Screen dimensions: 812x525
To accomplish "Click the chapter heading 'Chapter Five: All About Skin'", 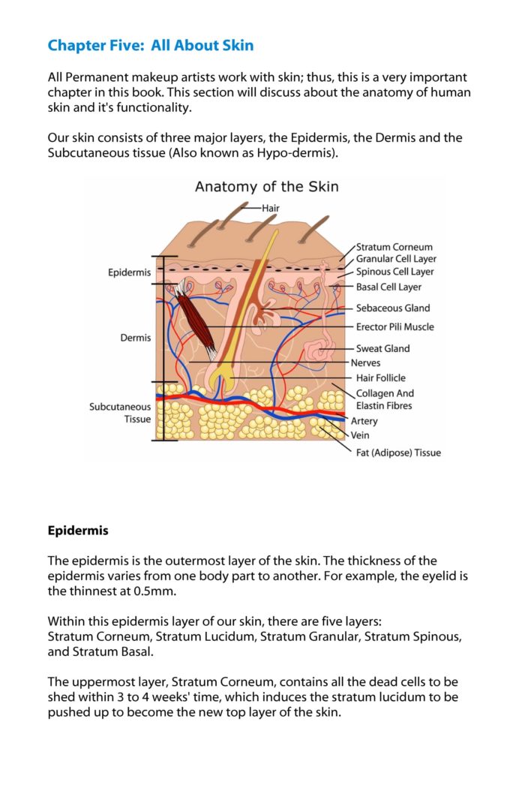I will [150, 46].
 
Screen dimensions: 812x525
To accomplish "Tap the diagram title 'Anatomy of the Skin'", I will [266, 186].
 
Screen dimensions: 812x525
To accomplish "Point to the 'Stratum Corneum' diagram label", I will [394, 247].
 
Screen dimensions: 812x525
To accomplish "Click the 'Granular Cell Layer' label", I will [396, 259].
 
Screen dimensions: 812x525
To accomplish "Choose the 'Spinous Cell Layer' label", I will [394, 272].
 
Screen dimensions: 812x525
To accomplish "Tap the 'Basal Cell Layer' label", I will [388, 287].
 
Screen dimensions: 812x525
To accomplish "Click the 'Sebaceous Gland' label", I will [393, 308].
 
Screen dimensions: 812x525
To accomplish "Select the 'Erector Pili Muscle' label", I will [394, 326].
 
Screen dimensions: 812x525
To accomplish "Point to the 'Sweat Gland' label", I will [382, 348].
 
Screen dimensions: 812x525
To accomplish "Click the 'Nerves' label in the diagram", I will [366, 362].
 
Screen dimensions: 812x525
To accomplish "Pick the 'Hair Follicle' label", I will [380, 378].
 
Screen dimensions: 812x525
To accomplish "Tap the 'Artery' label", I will [364, 421].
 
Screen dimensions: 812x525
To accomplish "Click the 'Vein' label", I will [360, 435].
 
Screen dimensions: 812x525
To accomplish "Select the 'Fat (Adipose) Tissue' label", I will [398, 453].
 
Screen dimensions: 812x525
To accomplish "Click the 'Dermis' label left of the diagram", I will [135, 338].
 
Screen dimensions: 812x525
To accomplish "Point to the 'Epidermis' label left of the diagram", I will [129, 272].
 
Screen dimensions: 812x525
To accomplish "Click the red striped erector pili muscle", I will [196, 318].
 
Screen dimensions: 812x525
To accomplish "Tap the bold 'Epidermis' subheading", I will [78, 531].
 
